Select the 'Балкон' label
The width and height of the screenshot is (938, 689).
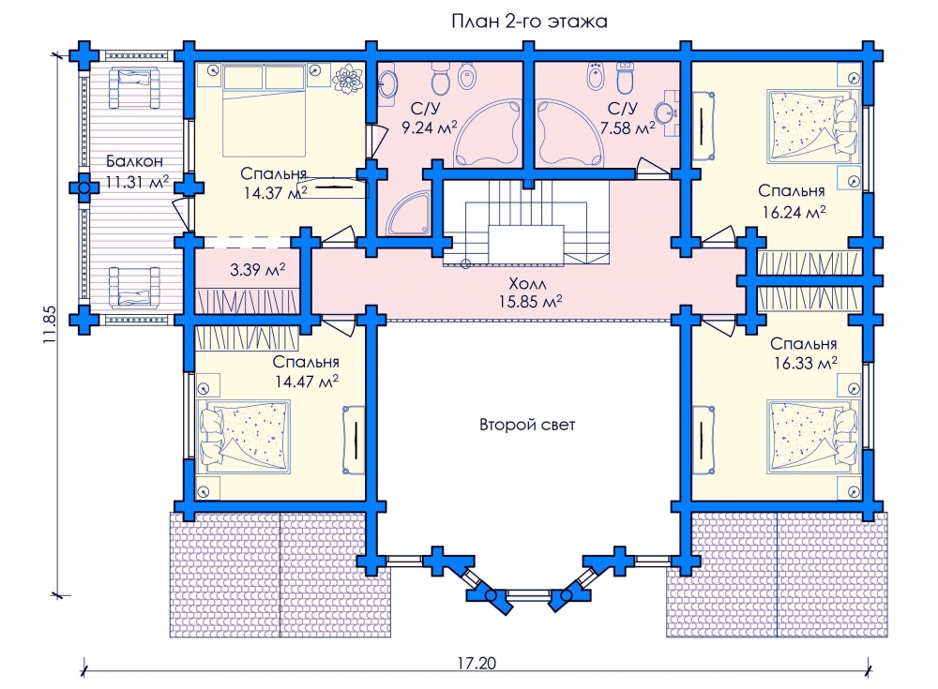[130, 161]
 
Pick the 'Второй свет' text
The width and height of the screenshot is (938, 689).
[527, 425]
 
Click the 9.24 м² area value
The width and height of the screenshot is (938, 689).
[429, 127]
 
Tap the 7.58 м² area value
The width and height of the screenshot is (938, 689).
[630, 127]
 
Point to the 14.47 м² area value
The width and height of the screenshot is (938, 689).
[306, 382]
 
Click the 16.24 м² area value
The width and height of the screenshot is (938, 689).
[793, 212]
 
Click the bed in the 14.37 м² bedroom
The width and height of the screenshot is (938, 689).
[265, 112]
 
